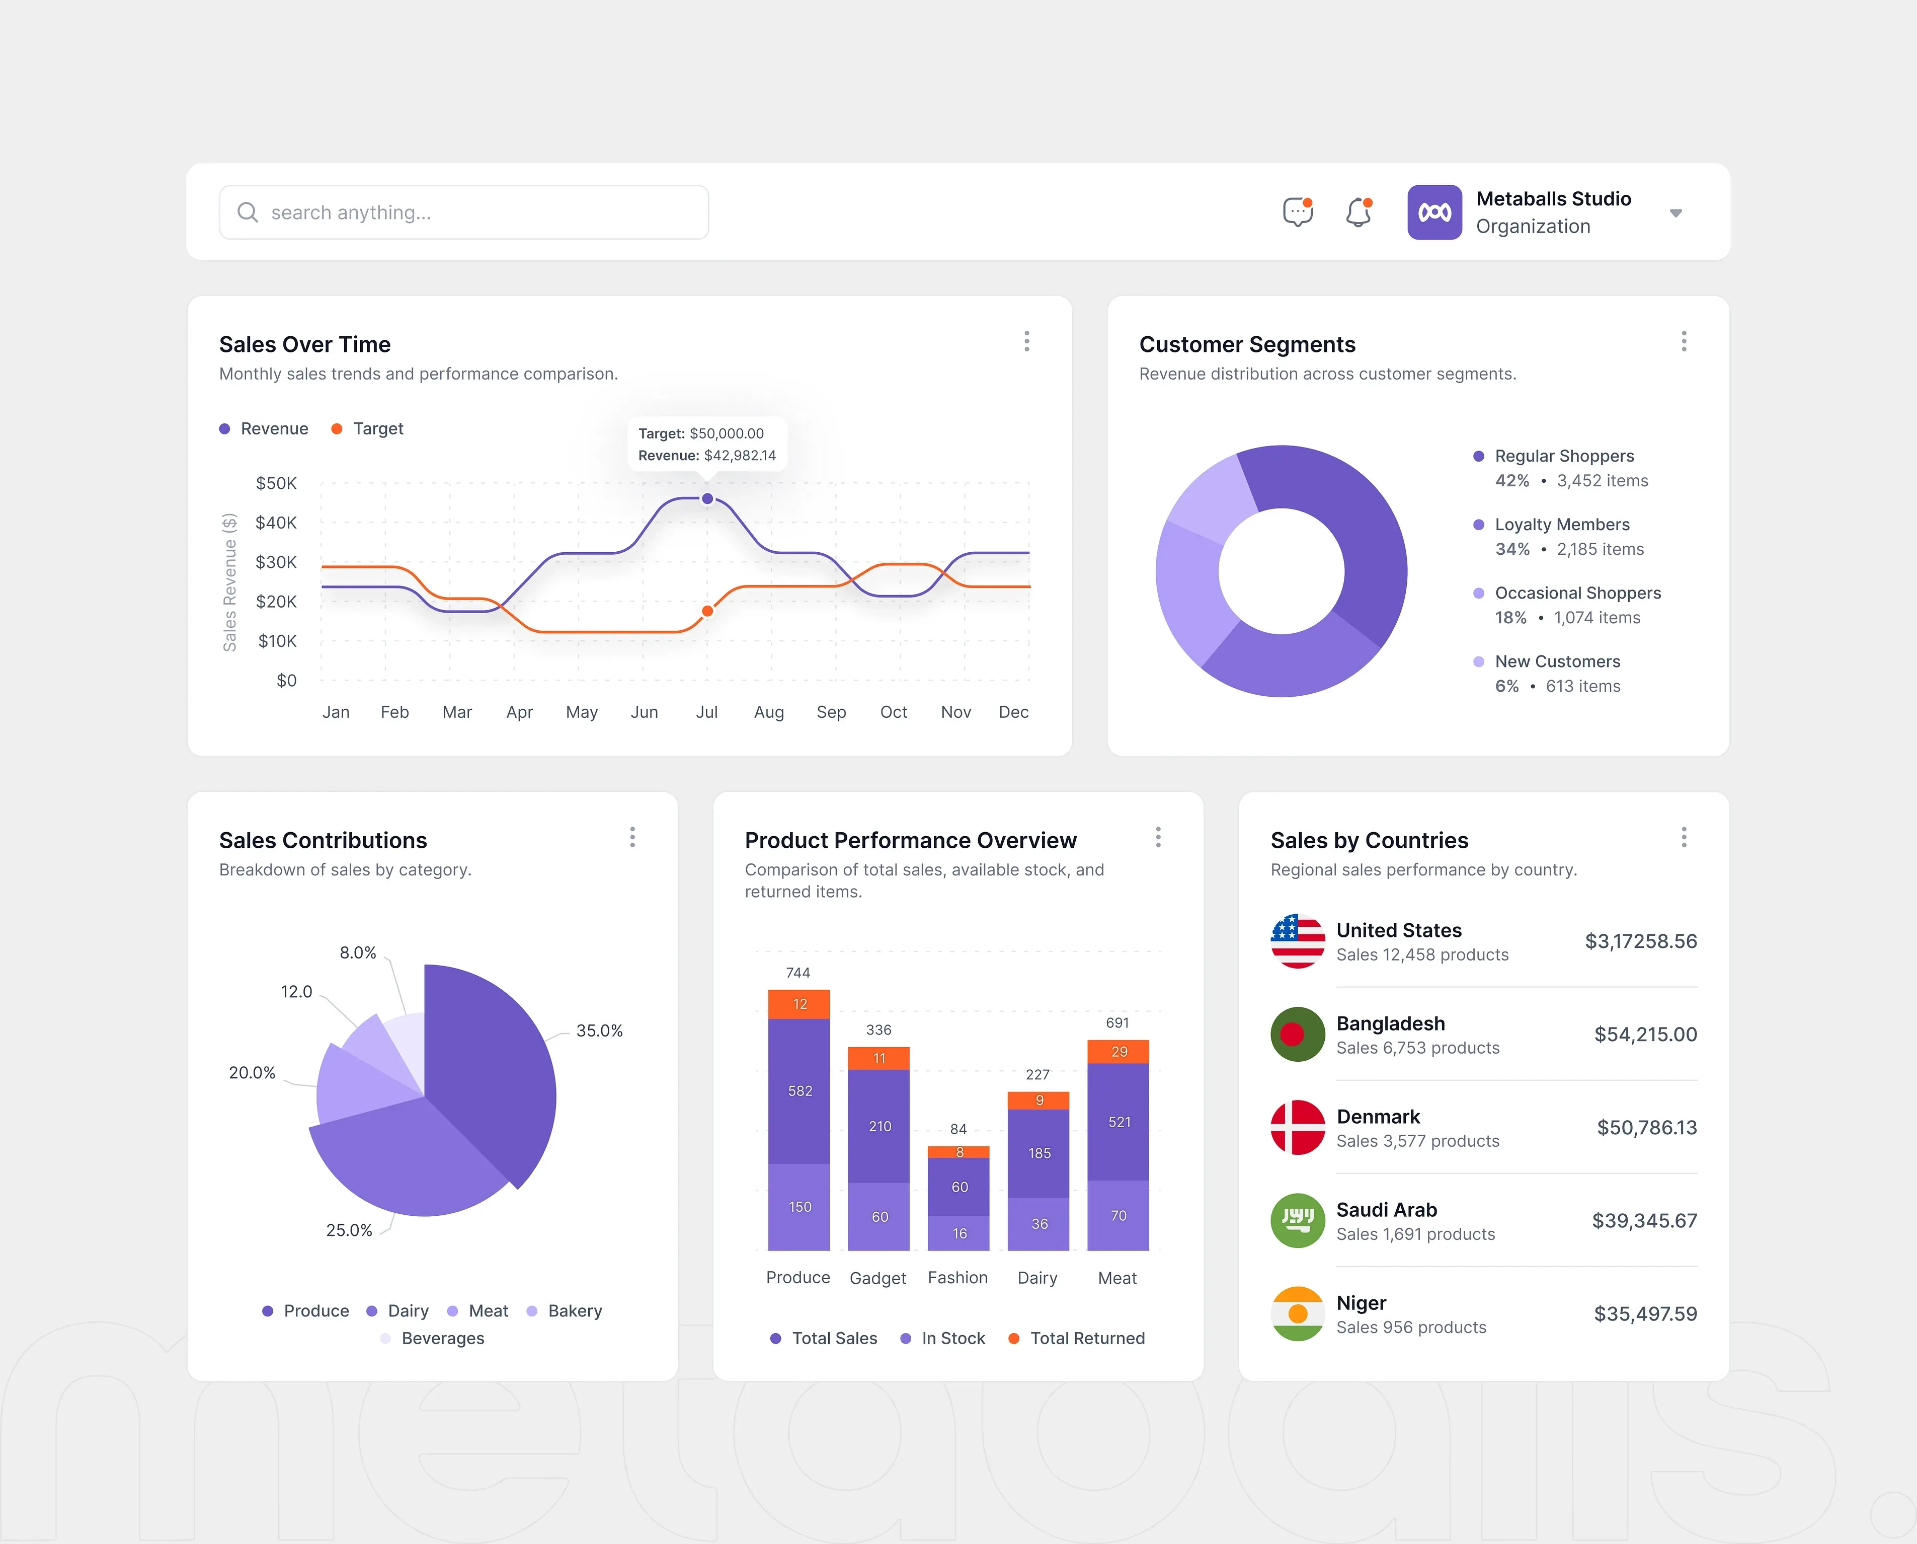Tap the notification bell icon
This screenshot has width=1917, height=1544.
(1357, 212)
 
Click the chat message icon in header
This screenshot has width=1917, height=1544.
(1297, 212)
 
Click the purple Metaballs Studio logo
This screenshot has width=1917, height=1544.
(1434, 212)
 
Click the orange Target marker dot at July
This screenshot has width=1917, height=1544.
(707, 611)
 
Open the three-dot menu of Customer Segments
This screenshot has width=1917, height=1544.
(1683, 341)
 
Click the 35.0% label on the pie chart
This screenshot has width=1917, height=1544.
(599, 1031)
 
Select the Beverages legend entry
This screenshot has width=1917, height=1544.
(442, 1339)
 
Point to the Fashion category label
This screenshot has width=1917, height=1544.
(957, 1278)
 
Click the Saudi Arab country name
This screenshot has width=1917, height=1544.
(1386, 1210)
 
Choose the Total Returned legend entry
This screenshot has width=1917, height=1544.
(1086, 1339)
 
